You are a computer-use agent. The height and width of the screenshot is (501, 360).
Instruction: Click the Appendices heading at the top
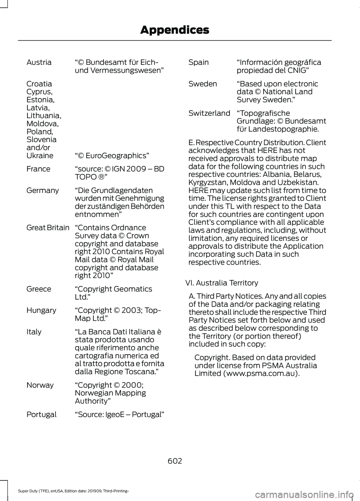coord(174,30)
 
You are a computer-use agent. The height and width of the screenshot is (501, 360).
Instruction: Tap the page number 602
coord(175,461)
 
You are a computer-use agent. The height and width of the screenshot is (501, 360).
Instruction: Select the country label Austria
coord(39,62)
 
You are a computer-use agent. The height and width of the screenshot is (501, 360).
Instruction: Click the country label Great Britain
coord(48,227)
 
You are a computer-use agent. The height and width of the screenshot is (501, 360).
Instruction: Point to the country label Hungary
coord(41,310)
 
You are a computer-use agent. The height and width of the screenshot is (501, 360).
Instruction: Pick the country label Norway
coord(40,385)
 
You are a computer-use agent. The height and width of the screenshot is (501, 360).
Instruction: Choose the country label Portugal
coord(42,414)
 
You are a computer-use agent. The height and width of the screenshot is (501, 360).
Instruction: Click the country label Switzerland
coord(209,113)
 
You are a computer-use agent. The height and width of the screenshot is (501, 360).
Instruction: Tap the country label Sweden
coord(202,84)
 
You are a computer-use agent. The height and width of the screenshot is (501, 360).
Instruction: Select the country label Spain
coord(198,62)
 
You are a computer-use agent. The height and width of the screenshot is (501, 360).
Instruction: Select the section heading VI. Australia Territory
coord(222,283)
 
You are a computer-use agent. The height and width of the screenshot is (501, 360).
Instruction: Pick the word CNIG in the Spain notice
coord(296,70)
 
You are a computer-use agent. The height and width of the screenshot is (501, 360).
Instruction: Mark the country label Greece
coord(39,289)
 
